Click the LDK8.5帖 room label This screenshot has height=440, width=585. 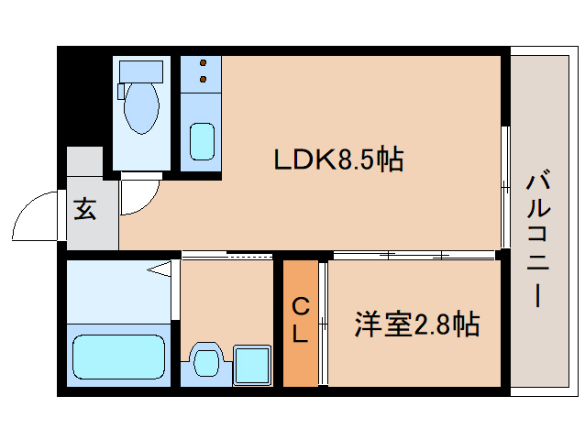click(338, 159)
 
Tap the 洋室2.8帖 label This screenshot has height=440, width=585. click(416, 324)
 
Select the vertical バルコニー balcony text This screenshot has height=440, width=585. click(538, 238)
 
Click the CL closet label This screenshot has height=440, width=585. click(301, 321)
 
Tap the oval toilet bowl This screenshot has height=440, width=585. click(141, 108)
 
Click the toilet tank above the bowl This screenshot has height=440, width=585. click(141, 71)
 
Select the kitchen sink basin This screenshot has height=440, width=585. click(203, 142)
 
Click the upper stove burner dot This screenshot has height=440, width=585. click(204, 62)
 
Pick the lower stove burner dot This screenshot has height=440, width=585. click(204, 79)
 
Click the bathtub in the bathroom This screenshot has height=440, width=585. click(118, 357)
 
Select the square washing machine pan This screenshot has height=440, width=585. click(252, 365)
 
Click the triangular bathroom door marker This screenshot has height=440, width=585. click(160, 269)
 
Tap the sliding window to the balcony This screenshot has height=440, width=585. click(505, 187)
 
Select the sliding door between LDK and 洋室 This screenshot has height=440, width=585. click(414, 256)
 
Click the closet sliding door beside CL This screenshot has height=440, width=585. click(323, 324)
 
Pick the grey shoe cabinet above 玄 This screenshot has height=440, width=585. click(84, 161)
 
